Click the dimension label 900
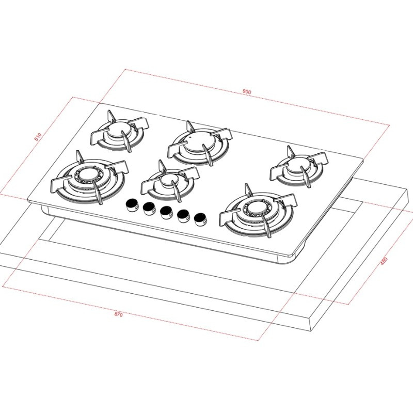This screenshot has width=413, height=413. point(247,92)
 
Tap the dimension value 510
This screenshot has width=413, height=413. point(38,137)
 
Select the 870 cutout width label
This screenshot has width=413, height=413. point(119,315)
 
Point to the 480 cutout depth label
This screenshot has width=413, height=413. point(384,261)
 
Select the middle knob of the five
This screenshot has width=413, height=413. point(166,212)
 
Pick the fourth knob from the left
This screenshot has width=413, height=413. point(183,215)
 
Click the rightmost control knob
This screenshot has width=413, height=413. point(200,219)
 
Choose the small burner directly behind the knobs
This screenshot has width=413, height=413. point(168,180)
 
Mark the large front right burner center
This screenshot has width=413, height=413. point(256,209)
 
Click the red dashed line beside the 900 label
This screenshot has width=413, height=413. point(310,105)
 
